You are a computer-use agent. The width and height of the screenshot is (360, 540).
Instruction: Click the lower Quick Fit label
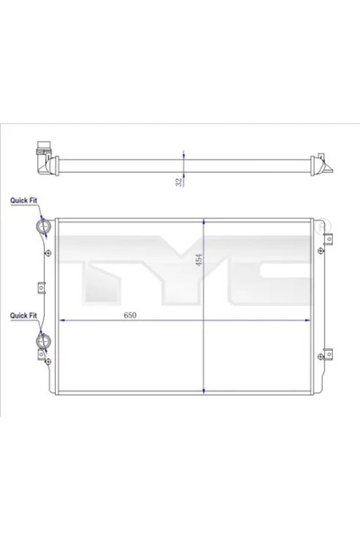pyautogui.click(x=23, y=316)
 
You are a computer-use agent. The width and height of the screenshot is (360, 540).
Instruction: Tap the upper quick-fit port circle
pyautogui.click(x=41, y=228)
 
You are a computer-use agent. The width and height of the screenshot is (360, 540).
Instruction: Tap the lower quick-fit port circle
pyautogui.click(x=41, y=344)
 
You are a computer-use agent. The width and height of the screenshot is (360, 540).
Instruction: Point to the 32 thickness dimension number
pyautogui.click(x=179, y=181)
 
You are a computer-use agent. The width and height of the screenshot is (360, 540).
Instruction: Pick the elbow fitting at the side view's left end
pyautogui.click(x=41, y=159)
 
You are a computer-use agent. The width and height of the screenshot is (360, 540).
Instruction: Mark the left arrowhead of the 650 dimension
pyautogui.click(x=59, y=321)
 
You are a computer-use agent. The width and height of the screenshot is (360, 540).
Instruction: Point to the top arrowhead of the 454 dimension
pyautogui.click(x=206, y=220)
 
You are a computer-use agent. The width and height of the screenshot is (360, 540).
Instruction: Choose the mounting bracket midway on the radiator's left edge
pyautogui.click(x=40, y=289)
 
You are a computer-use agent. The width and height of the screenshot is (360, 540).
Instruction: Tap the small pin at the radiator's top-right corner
pyautogui.click(x=320, y=222)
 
